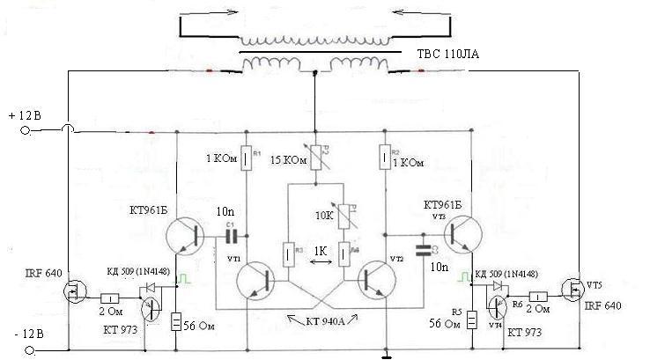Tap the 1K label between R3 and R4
[x=322, y=252]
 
